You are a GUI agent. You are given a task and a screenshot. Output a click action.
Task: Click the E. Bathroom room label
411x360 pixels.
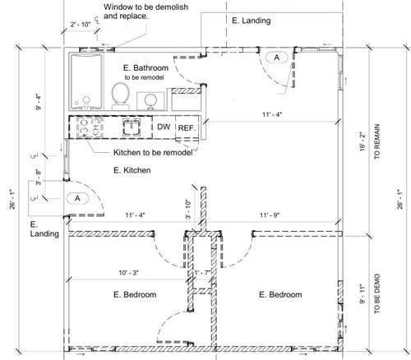(145, 68)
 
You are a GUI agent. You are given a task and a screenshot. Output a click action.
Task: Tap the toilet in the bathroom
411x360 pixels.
(121, 96)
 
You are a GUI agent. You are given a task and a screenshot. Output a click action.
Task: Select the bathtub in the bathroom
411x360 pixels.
(86, 81)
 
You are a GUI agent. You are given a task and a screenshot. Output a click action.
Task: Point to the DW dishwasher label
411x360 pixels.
(164, 127)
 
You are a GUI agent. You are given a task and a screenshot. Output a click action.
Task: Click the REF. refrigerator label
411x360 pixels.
(187, 128)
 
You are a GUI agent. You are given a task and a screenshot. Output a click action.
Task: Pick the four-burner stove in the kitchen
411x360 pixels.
(90, 127)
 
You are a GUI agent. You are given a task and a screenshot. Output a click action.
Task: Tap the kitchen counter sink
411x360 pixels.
(132, 127)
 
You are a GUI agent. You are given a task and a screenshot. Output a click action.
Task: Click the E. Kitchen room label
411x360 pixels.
(132, 170)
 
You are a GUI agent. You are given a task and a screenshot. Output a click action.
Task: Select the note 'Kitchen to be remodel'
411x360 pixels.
(153, 152)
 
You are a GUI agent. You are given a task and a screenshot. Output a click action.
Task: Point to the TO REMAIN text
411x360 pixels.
(377, 141)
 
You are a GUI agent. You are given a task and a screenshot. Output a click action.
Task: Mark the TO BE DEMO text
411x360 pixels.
(377, 293)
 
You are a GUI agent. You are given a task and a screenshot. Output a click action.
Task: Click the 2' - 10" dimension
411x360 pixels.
(81, 25)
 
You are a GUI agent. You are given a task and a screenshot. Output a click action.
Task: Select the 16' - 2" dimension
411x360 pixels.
(363, 141)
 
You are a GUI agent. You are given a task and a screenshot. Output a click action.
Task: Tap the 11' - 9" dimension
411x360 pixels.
(270, 215)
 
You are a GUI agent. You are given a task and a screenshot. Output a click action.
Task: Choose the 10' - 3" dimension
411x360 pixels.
(129, 273)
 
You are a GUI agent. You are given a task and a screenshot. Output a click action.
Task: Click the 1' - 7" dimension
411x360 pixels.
(202, 273)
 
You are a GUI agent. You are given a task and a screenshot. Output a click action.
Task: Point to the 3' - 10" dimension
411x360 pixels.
(188, 209)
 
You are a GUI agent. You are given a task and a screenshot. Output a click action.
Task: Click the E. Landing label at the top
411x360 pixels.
(252, 21)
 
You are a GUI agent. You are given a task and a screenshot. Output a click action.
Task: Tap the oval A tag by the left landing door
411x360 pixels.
(77, 198)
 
